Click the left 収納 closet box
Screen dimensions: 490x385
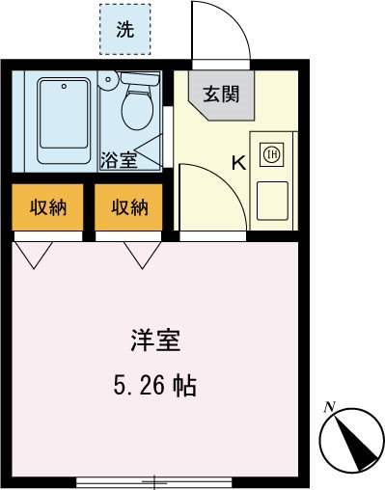[x=47, y=206]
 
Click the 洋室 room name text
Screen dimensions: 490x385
[x=152, y=341]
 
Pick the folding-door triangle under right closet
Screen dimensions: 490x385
[x=140, y=253]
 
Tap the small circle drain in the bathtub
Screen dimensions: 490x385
[x=64, y=85]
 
